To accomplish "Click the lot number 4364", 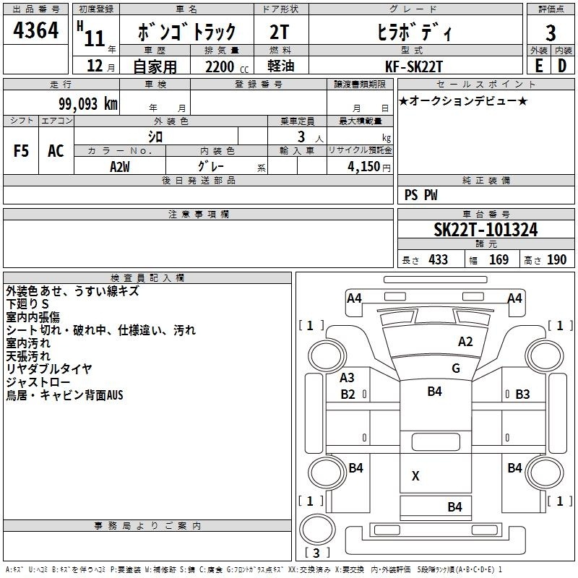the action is [35, 30].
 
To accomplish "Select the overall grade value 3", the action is [551, 33].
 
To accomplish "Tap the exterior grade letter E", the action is [539, 66].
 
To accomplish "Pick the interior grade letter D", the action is [562, 66].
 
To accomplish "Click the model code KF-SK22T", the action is [413, 66].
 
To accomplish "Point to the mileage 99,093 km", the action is [87, 104].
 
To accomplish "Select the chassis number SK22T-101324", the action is [486, 230].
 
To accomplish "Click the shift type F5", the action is [21, 151].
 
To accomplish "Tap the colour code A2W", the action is [120, 167].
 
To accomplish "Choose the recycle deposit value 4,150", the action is [363, 167].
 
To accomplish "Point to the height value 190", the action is [556, 259].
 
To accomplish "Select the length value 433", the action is [438, 259].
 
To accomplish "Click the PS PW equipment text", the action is [420, 194].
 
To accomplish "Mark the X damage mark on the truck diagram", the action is [415, 476].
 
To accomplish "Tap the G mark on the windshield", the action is [456, 368].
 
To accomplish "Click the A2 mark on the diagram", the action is [465, 342].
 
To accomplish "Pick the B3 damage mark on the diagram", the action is [522, 394].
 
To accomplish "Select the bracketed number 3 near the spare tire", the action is [316, 553].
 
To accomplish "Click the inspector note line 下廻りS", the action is [27, 304].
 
